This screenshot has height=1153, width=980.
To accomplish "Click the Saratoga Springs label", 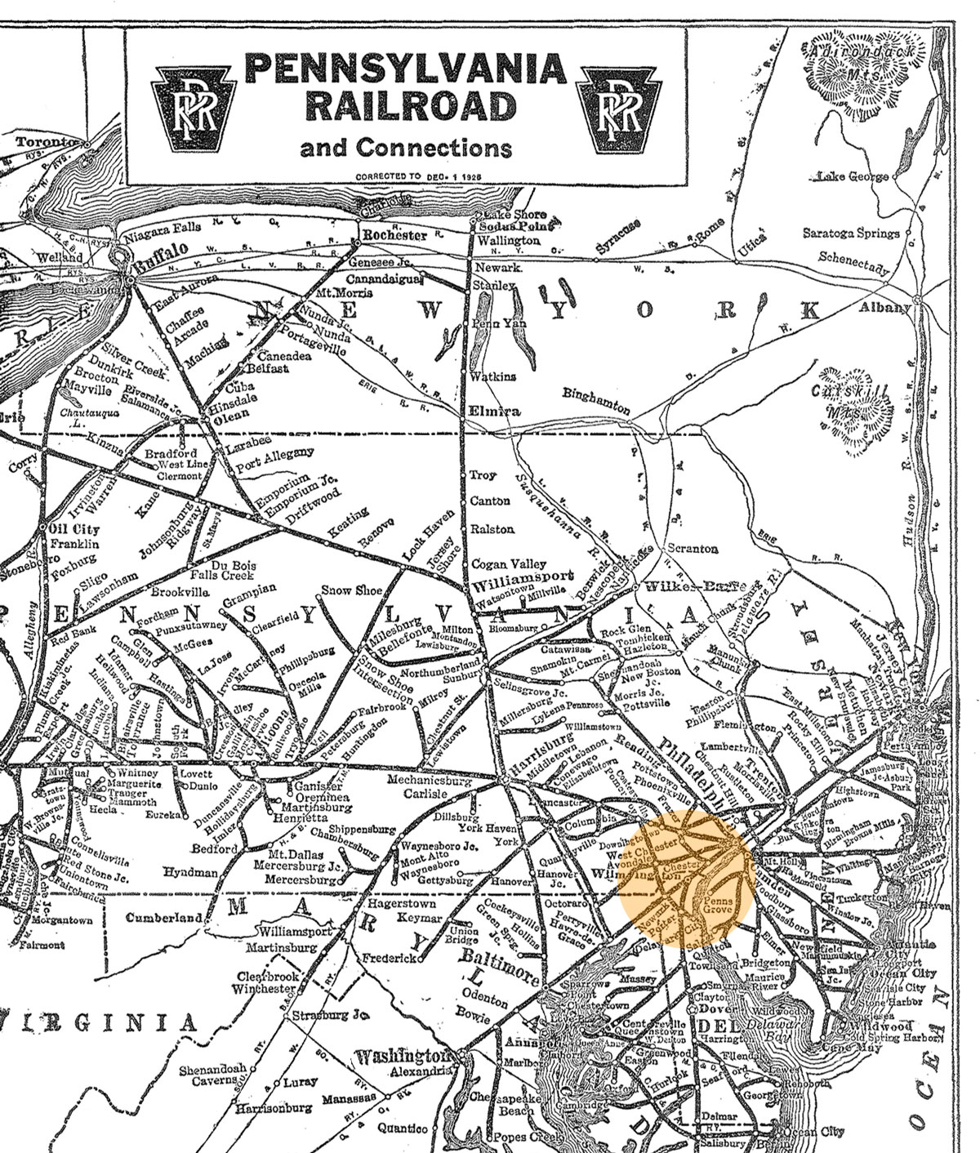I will tap(850, 233).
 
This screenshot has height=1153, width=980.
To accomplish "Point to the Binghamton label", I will tap(596, 400).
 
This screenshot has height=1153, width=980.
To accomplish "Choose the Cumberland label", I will tap(163, 918).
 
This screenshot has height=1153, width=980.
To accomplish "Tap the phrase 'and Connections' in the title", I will tap(406, 148).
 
